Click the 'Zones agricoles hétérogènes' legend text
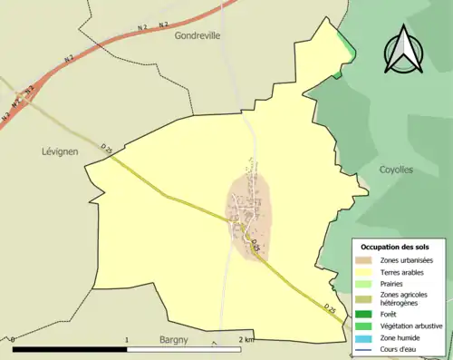[x=404, y=298]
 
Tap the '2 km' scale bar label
[x=247, y=339]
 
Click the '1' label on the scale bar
[x=128, y=339]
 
